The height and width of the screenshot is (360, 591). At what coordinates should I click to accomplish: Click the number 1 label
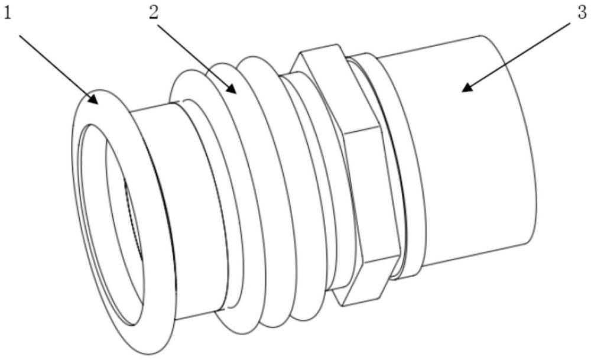[8, 13]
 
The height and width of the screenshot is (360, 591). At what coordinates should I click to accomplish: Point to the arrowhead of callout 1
[95, 100]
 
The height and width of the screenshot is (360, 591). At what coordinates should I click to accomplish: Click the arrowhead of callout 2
[233, 90]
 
